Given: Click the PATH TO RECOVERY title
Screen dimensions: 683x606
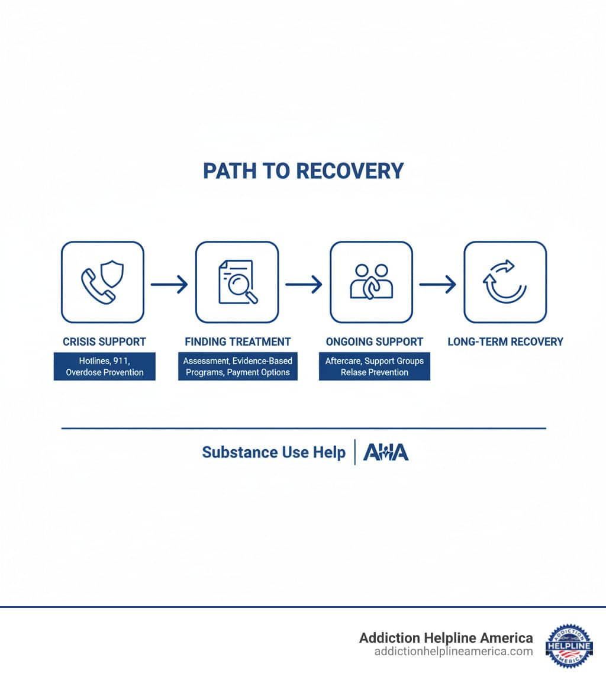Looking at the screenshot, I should tap(303, 171).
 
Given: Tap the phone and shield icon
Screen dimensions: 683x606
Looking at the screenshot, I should tap(102, 282).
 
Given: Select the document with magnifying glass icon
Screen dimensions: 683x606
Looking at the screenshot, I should tap(237, 282).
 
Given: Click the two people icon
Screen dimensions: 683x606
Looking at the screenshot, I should tap(371, 282).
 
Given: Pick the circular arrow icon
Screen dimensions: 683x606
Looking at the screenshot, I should tap(505, 282).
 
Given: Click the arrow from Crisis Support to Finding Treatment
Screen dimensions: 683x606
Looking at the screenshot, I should tap(169, 285).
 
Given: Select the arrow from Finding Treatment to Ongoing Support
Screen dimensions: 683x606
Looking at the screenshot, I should tap(304, 285).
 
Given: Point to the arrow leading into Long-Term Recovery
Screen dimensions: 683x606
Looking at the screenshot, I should tap(438, 285).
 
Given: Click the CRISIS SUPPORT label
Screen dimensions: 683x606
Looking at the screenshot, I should tap(104, 341).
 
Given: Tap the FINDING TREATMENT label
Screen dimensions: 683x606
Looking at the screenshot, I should tap(238, 341).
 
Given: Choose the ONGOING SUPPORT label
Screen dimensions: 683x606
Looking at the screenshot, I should tap(375, 341).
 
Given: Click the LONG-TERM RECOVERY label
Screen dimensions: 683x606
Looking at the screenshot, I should tap(505, 341).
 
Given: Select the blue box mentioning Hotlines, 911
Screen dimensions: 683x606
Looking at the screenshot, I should tap(105, 366).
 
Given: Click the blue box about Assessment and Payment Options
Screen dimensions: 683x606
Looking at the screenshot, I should tap(237, 366).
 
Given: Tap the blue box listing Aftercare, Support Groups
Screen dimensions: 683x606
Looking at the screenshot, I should tap(375, 366).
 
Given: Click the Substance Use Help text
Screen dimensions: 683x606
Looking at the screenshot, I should tap(273, 453).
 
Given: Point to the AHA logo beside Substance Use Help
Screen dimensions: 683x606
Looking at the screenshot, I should tap(386, 453).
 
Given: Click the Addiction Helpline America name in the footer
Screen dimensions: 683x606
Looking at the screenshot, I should tap(446, 638).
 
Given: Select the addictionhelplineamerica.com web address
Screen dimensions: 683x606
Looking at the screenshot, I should tap(453, 652).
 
